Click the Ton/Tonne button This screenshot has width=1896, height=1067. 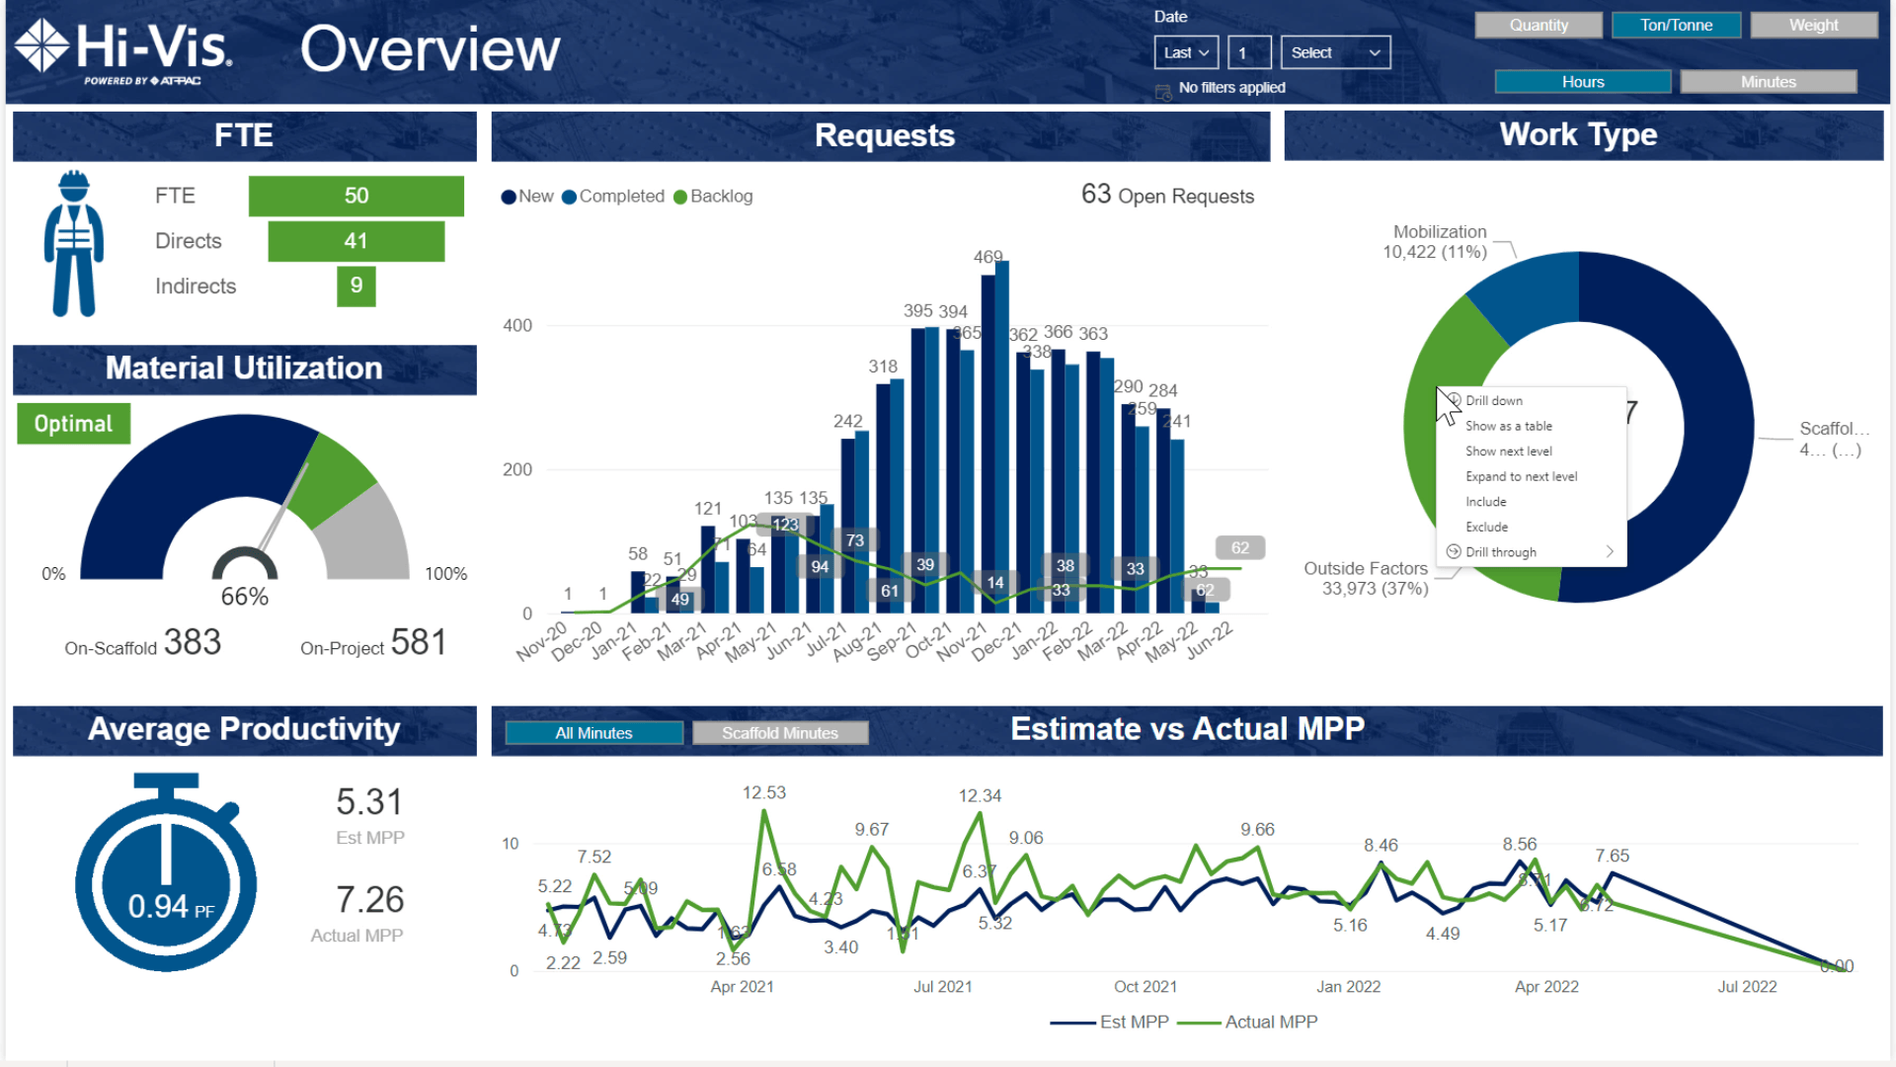coord(1676,25)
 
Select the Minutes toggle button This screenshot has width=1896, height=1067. coord(1768,82)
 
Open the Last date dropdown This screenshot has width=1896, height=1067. coord(1186,53)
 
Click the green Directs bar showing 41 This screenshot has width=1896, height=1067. coord(355,241)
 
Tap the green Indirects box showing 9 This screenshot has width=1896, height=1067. coord(355,286)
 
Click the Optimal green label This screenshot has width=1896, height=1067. coord(73,424)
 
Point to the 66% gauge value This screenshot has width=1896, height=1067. coord(244,597)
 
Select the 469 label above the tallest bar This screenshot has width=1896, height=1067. coord(987,257)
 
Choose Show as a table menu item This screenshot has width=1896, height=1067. coord(1508,426)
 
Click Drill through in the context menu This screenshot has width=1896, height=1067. coord(1500,552)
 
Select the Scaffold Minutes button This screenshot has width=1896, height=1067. coord(779,733)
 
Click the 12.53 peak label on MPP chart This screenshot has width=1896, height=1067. coord(764,792)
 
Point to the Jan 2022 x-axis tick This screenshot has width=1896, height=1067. coord(1348,986)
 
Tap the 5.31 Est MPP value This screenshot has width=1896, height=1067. coord(369,802)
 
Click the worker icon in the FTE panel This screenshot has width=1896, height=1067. coord(74,244)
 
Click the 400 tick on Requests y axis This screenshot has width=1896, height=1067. coord(517,325)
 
